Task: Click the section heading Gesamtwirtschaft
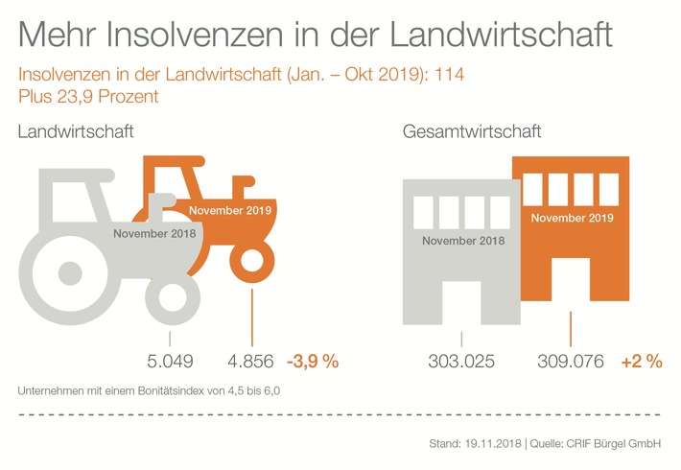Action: pyautogui.click(x=472, y=131)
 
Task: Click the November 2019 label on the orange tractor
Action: pyautogui.click(x=230, y=210)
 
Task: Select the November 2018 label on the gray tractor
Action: pyautogui.click(x=154, y=234)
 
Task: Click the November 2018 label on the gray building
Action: pyautogui.click(x=463, y=240)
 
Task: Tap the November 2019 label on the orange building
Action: pyautogui.click(x=571, y=218)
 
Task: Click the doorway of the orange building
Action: pyautogui.click(x=571, y=292)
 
